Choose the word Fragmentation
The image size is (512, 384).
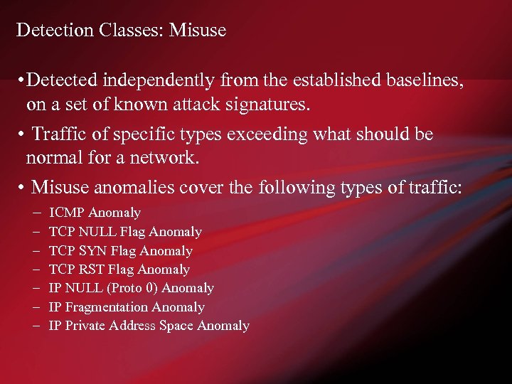coord(106,307)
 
